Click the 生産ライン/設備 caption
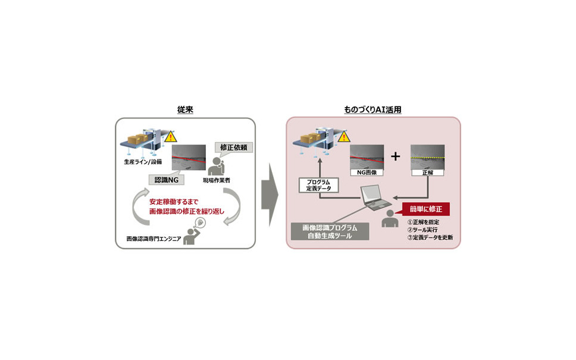point(142,161)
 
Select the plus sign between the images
point(396,156)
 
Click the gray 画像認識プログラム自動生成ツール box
point(330,230)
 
